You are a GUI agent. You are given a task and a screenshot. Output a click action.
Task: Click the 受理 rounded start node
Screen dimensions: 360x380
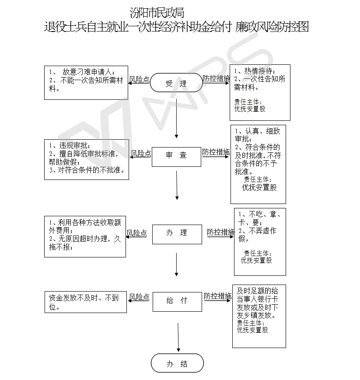coord(176,83)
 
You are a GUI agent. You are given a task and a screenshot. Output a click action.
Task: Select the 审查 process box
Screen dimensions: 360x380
coord(176,157)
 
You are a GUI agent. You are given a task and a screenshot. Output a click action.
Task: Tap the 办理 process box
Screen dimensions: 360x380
coord(177,234)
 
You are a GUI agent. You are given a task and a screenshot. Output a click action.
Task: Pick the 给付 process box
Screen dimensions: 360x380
coord(177,302)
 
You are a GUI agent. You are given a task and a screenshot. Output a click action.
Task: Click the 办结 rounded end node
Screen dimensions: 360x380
coord(177,363)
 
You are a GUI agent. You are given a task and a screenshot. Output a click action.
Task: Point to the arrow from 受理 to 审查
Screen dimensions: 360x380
coord(176,119)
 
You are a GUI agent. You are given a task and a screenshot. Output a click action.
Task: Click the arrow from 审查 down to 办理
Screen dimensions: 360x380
coord(177,185)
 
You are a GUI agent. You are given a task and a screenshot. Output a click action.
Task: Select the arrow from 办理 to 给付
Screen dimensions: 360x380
coord(176,264)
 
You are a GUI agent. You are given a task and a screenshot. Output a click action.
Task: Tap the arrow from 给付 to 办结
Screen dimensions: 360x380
coord(178,338)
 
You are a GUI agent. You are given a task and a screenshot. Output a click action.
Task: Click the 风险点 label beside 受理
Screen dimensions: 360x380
coord(139,79)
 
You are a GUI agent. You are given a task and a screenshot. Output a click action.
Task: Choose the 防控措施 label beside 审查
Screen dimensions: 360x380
coord(216,152)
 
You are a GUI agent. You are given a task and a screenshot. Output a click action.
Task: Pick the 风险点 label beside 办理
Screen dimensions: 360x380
coord(137,233)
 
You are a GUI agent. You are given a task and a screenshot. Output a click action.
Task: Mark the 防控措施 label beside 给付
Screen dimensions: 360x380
coord(218,296)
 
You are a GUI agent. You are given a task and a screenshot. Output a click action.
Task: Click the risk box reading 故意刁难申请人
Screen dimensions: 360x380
coord(86,83)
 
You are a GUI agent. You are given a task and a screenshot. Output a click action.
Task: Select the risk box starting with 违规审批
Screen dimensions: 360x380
coord(87,159)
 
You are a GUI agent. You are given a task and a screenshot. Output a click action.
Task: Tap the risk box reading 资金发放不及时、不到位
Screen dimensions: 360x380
coord(86,302)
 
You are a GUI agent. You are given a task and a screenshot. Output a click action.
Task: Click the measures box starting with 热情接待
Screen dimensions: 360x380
coord(260,92)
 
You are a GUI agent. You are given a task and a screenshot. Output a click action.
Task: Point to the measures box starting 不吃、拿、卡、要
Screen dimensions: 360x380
coord(260,242)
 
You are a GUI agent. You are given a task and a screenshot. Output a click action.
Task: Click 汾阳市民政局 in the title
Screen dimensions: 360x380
coord(157,13)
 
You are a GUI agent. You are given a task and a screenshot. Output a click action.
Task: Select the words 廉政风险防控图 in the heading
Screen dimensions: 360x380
coord(272,27)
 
